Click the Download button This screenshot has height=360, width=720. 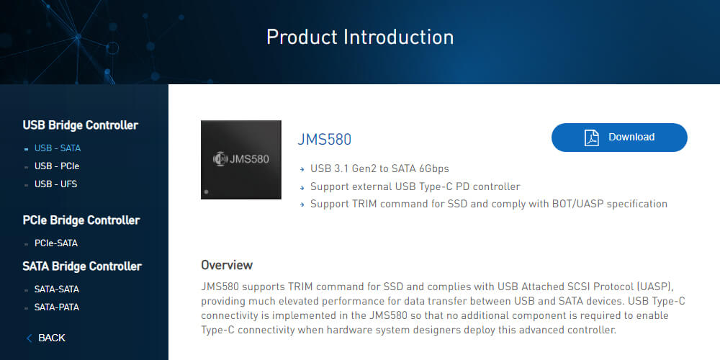[619, 138]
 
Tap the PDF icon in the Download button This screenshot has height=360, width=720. [591, 138]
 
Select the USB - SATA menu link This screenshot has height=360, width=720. [58, 148]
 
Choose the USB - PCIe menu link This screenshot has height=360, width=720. [54, 166]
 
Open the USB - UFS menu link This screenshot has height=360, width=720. [55, 184]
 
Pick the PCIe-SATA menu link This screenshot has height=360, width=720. [56, 243]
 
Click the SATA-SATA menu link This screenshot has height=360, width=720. [56, 289]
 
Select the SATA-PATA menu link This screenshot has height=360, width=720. [56, 307]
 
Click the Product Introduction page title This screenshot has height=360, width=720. [360, 37]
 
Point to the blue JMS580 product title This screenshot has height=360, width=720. [324, 139]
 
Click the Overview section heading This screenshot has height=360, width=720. [227, 265]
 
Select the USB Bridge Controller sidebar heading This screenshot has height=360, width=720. [81, 125]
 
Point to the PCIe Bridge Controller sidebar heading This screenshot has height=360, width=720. [81, 220]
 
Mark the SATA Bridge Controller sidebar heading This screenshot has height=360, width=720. [82, 266]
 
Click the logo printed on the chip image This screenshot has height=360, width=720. [220, 159]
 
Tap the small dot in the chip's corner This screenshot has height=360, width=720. [206, 192]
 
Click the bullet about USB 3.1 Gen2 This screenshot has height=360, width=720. [379, 168]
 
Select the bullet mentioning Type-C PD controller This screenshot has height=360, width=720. [415, 186]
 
